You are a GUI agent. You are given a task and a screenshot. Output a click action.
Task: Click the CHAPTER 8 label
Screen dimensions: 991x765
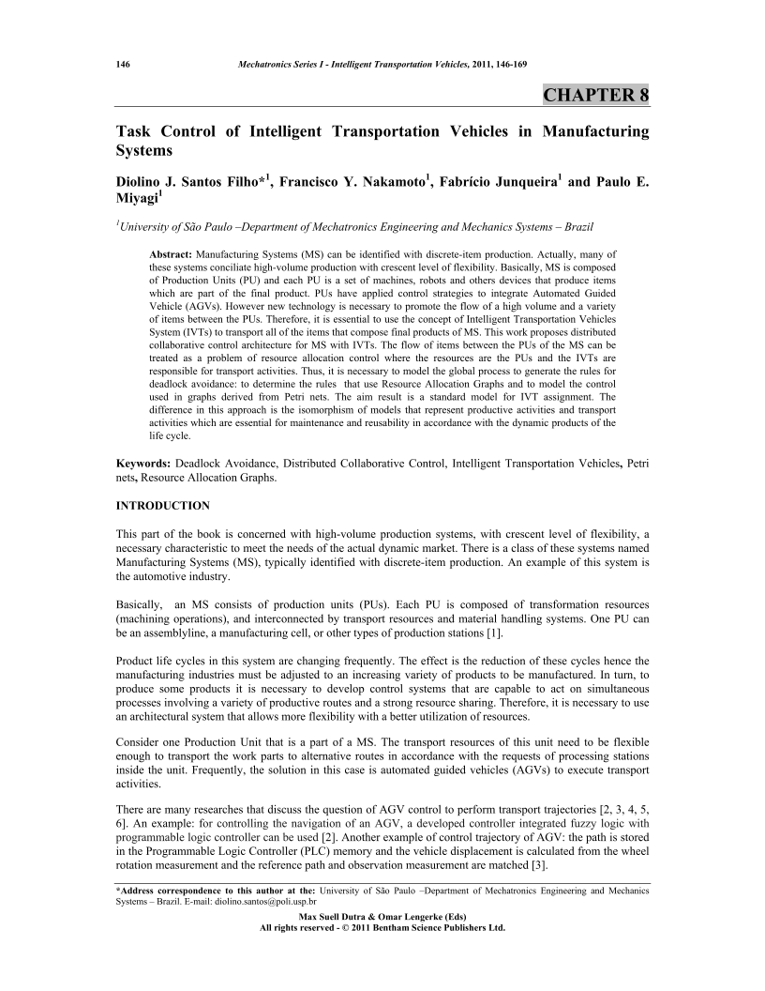coord(596,96)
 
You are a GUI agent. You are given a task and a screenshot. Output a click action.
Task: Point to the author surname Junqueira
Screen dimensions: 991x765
coord(512,182)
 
